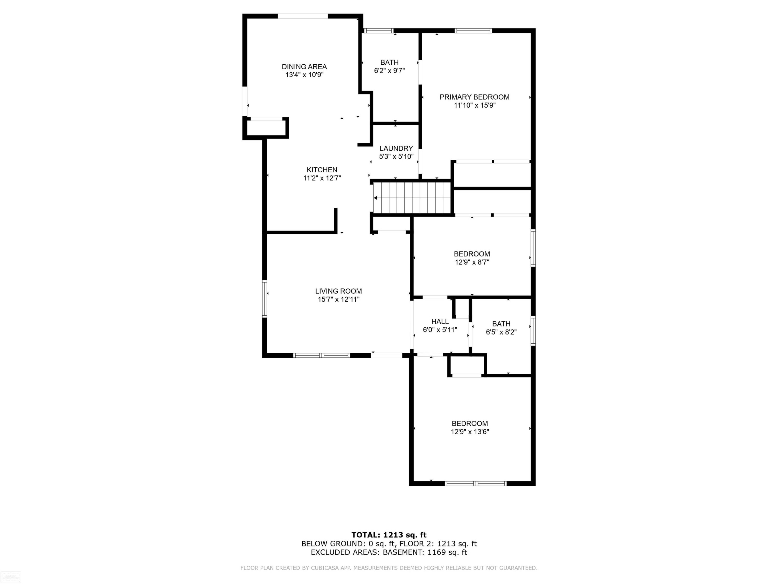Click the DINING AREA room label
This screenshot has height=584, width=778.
pyautogui.click(x=304, y=66)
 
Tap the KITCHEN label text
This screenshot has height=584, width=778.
pyautogui.click(x=322, y=170)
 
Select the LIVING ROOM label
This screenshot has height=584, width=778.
pyautogui.click(x=338, y=291)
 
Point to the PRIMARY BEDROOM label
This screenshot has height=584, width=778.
pyautogui.click(x=475, y=97)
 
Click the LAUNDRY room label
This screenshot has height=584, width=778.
pyautogui.click(x=396, y=148)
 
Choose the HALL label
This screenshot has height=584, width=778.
pyautogui.click(x=440, y=321)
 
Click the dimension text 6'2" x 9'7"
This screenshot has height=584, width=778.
pyautogui.click(x=389, y=70)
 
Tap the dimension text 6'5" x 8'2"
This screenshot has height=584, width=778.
pyautogui.click(x=501, y=332)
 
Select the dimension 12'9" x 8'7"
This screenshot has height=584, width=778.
pyautogui.click(x=472, y=262)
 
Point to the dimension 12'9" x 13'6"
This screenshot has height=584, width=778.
pyautogui.click(x=470, y=432)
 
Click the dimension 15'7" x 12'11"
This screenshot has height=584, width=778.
pyautogui.click(x=338, y=299)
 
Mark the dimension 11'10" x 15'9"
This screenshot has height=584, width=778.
pyautogui.click(x=475, y=105)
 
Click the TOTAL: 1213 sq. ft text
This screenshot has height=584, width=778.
pyautogui.click(x=389, y=535)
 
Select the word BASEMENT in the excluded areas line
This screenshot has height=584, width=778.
pyautogui.click(x=403, y=552)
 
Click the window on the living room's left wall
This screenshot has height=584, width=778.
pyautogui.click(x=265, y=299)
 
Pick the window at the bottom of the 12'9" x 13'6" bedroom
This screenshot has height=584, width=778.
pyautogui.click(x=476, y=483)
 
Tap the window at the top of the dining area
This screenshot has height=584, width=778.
pyautogui.click(x=303, y=16)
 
